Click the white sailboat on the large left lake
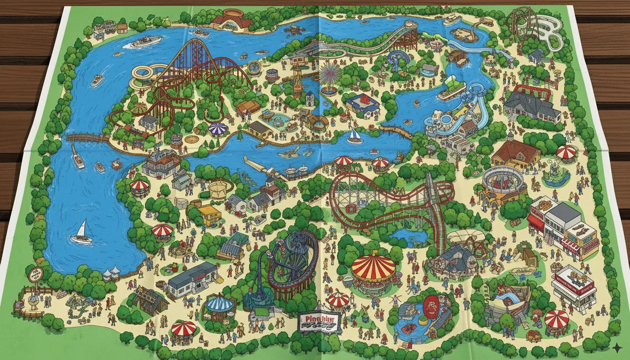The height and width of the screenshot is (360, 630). pos(82,233)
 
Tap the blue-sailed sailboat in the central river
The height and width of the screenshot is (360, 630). pos(355,136)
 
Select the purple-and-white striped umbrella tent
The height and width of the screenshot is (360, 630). pos(218,128)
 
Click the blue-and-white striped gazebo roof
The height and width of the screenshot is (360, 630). pos(220,304)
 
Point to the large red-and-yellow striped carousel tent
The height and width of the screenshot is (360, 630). pos(373,266)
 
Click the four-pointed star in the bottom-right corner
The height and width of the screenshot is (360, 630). pos(617,347)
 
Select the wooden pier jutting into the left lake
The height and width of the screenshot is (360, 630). pos(87,137)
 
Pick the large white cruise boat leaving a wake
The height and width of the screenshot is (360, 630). pos(145,42)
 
